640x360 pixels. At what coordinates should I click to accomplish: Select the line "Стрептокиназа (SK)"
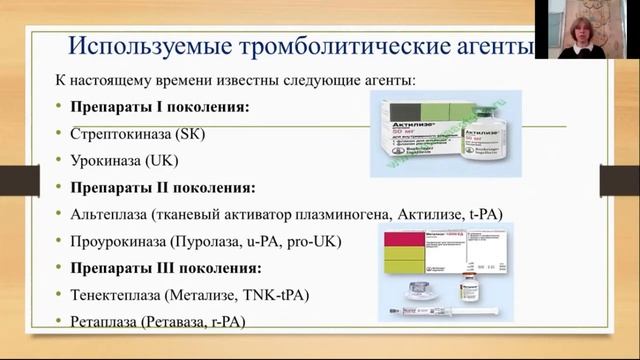click(x=138, y=133)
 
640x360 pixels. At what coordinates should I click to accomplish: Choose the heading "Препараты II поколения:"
click(x=163, y=186)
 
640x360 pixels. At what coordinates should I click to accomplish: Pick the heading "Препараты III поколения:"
click(x=166, y=268)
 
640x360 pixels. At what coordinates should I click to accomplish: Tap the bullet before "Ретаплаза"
click(x=59, y=322)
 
